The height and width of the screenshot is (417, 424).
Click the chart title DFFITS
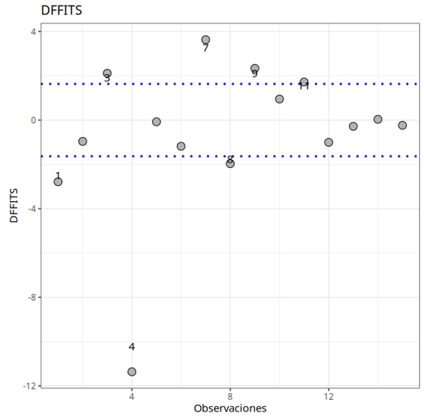tap(61, 10)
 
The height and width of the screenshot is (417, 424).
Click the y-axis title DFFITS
tap(14, 206)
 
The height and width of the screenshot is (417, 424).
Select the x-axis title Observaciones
tap(230, 408)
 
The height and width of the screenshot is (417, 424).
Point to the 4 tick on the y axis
tap(33, 31)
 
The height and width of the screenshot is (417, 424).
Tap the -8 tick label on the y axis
tap(31, 297)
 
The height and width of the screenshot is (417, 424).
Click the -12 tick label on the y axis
tap(29, 386)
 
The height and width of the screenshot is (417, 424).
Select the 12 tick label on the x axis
tap(328, 397)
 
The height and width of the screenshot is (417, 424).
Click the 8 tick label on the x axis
tap(230, 397)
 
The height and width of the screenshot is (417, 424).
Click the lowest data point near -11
tap(132, 372)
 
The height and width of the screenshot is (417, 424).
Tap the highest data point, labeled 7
tap(205, 40)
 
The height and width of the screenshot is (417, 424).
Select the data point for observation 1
tap(58, 181)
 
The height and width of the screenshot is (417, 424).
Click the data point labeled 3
tap(107, 73)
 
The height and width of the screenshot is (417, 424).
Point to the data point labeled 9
tap(255, 68)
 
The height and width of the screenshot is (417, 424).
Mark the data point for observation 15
tap(402, 125)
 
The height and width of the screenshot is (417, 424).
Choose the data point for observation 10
tap(279, 99)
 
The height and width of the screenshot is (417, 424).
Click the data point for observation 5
tap(156, 122)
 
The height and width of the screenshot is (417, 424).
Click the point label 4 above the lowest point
tap(132, 346)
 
